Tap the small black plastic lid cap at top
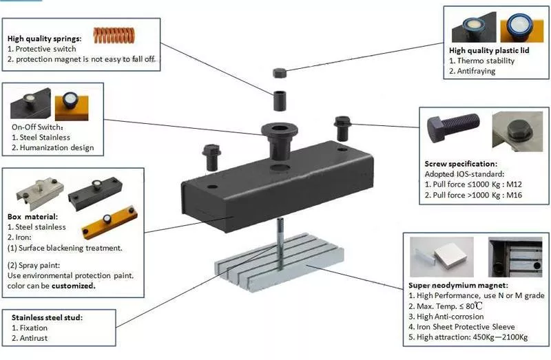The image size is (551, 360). point(280,72)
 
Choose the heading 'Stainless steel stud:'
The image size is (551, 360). point(46,317)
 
